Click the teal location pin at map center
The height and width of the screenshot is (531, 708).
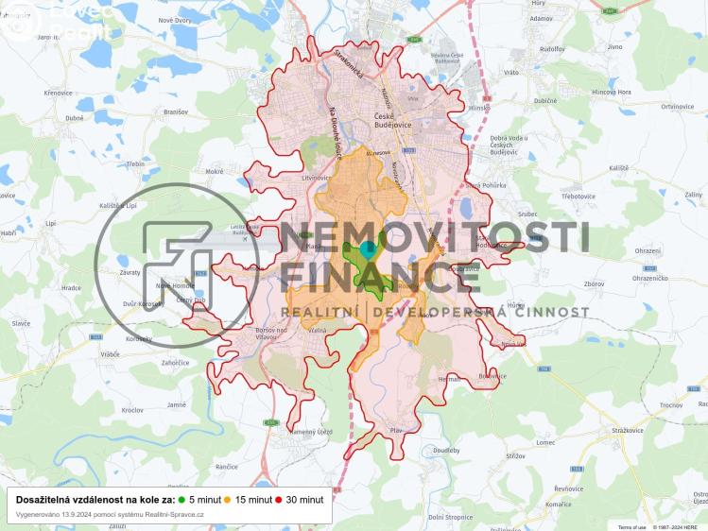(x=369, y=248)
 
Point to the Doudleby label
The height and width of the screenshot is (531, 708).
(x=446, y=451)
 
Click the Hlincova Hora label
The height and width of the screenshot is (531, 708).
(x=611, y=92)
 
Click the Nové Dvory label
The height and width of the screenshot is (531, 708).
(x=174, y=20)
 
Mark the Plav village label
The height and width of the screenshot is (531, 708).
(x=396, y=431)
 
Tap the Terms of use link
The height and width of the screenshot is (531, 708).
(x=632, y=526)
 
